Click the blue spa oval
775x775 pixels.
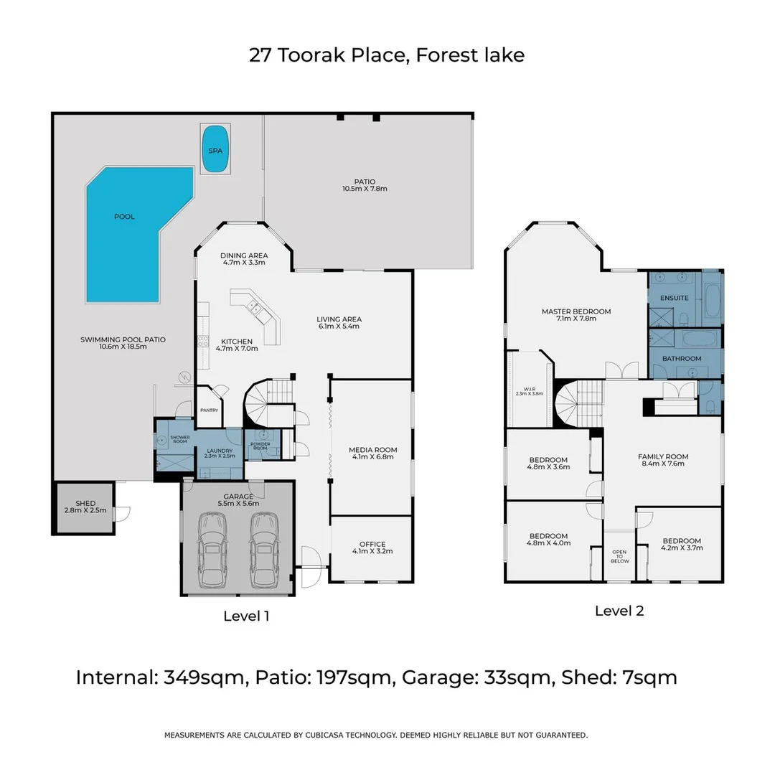(x=215, y=149)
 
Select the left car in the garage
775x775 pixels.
(x=212, y=550)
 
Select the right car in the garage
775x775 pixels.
(x=264, y=550)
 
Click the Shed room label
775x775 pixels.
(x=85, y=507)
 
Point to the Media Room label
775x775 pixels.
(x=372, y=454)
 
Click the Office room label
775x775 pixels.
(x=372, y=548)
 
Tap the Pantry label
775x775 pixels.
(x=209, y=410)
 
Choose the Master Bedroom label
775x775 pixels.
(x=576, y=315)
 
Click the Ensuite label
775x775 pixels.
(x=674, y=298)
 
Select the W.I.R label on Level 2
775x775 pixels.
(x=530, y=392)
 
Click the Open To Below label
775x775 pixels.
(x=620, y=557)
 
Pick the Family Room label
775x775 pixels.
(x=663, y=460)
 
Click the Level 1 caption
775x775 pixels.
(x=246, y=616)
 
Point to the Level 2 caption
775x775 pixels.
(x=619, y=611)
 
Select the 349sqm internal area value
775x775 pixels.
(x=204, y=677)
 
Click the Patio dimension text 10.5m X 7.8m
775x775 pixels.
(x=365, y=189)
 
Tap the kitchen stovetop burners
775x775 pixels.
(x=203, y=341)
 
